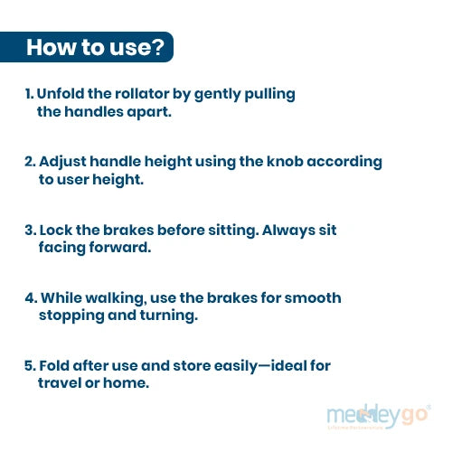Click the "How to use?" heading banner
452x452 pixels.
click(87, 47)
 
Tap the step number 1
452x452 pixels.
click(29, 94)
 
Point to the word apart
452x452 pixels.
click(149, 112)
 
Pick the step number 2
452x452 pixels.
click(30, 162)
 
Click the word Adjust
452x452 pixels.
click(63, 162)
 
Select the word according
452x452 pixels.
click(344, 162)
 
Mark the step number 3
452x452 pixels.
click(31, 231)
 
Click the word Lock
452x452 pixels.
click(56, 230)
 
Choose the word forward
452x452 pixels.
click(120, 248)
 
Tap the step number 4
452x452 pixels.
click(31, 298)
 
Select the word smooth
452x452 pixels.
click(313, 297)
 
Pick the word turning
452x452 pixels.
click(169, 316)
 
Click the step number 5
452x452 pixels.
click(31, 366)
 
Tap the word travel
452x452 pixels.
click(60, 383)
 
